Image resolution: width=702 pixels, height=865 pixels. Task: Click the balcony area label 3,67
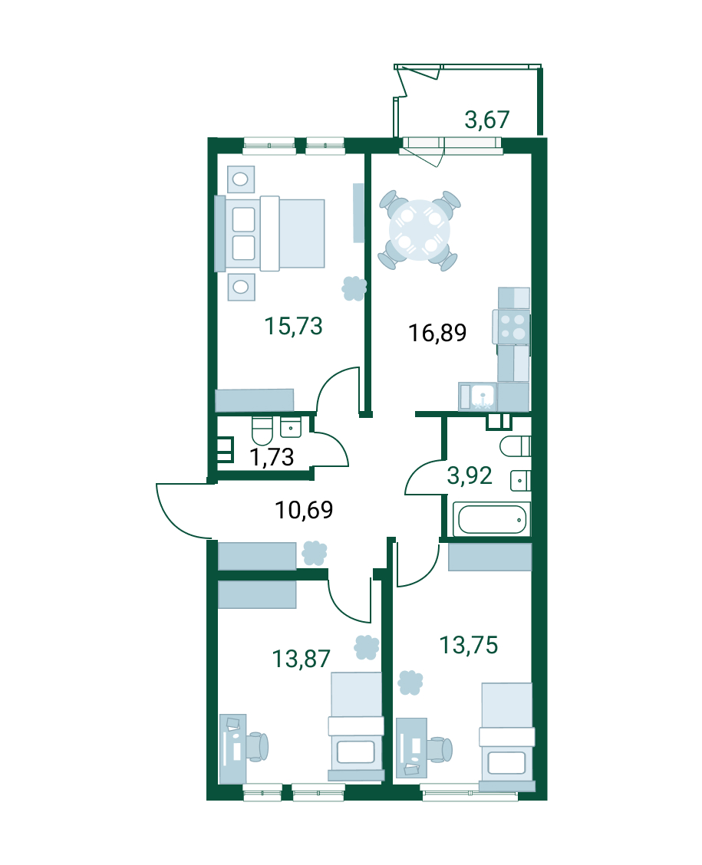[486, 120]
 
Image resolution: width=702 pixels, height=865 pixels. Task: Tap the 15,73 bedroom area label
[293, 326]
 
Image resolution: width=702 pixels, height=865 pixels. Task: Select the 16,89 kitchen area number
[437, 333]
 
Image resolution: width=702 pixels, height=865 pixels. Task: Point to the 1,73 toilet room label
[272, 457]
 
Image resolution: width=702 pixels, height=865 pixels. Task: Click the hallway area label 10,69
[304, 510]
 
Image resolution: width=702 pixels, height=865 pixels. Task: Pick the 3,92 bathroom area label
[469, 475]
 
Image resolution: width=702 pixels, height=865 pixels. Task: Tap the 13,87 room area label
[302, 659]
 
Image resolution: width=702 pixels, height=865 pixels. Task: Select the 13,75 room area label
[469, 645]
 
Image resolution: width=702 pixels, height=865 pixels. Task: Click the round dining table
[420, 230]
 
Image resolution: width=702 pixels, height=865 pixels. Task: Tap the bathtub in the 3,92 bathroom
[493, 518]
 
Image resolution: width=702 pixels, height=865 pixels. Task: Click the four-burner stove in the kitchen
[511, 327]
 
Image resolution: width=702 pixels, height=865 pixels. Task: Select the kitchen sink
[478, 396]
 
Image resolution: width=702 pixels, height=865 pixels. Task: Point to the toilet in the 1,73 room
[262, 431]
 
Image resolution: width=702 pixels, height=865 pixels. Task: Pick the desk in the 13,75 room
[412, 748]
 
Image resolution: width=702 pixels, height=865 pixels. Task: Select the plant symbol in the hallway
[314, 553]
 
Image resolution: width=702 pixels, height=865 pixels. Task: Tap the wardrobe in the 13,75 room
[490, 557]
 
